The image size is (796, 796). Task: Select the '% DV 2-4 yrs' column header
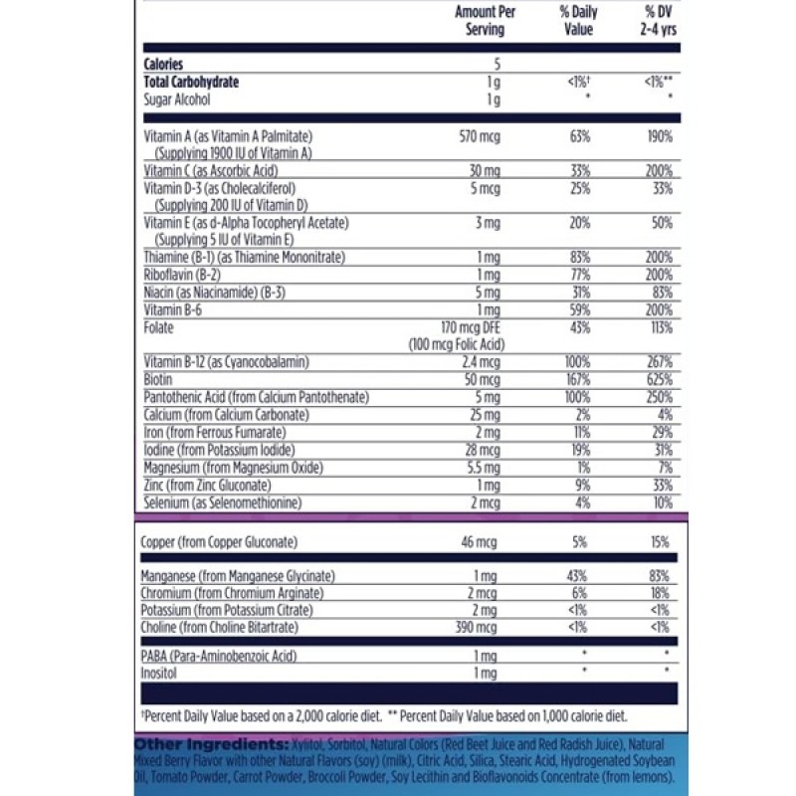coord(658,21)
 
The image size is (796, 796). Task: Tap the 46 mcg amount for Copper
coord(481,542)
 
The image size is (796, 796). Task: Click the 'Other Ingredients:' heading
coord(211,745)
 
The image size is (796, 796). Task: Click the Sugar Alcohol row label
coord(177,99)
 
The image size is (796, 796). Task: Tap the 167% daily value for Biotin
coord(580,380)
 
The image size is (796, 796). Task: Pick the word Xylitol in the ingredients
coord(309,745)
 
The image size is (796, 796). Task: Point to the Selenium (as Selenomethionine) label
coord(221,502)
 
